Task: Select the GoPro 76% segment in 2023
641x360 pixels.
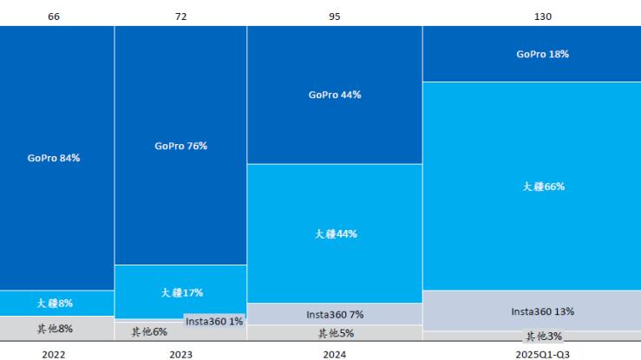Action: click(180, 146)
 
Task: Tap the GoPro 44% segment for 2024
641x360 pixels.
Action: click(334, 95)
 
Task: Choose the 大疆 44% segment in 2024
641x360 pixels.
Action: click(334, 233)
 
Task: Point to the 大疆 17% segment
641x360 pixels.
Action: click(180, 292)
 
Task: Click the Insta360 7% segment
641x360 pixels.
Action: click(334, 314)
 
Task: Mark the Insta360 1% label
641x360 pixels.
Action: click(213, 321)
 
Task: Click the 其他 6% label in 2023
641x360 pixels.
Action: click(147, 332)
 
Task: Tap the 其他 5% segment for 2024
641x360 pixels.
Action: click(334, 333)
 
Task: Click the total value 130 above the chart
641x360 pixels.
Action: click(543, 16)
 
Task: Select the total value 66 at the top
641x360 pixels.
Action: click(53, 16)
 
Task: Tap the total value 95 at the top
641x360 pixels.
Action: click(335, 16)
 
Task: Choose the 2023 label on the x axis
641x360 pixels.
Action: click(180, 354)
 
